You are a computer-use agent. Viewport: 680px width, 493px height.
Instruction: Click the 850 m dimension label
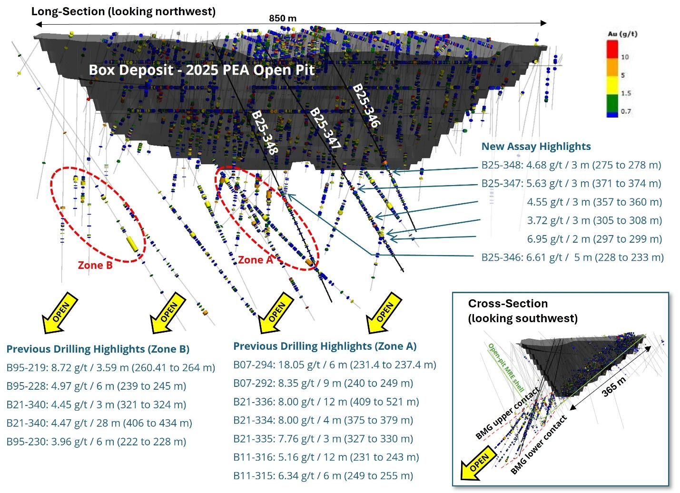click(x=283, y=19)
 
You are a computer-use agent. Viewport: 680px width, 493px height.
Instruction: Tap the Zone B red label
click(x=95, y=265)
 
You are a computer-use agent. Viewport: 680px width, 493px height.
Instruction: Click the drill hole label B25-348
click(x=265, y=133)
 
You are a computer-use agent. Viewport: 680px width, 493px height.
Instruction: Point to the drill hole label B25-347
click(x=325, y=128)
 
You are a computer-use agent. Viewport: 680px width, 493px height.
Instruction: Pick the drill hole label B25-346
click(x=366, y=106)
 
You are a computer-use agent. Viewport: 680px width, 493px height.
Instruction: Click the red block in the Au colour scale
click(x=612, y=49)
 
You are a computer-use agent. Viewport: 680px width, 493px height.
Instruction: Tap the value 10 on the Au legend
click(x=625, y=57)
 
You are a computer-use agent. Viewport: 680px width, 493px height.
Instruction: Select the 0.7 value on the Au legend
click(x=626, y=111)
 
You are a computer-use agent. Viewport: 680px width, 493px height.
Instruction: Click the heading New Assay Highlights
click(x=536, y=147)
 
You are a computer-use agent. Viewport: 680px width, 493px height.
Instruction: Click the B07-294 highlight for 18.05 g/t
click(x=335, y=365)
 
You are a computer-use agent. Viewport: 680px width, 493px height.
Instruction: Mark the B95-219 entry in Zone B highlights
click(x=110, y=367)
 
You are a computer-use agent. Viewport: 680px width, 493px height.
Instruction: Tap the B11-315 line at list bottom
click(x=323, y=475)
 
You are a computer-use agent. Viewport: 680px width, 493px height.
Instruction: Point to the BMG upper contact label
click(x=508, y=413)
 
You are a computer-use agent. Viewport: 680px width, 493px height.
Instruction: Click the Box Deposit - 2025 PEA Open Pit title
click(x=202, y=70)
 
